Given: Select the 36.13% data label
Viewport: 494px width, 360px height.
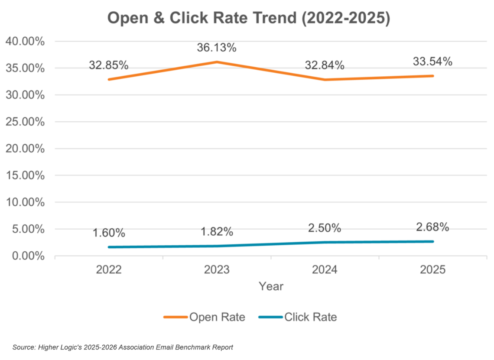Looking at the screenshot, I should (x=217, y=48).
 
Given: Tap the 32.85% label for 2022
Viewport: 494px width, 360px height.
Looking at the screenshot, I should (x=109, y=65).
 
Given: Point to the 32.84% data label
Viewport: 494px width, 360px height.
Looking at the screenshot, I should (x=325, y=65).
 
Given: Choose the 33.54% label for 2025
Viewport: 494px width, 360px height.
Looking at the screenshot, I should (x=432, y=62).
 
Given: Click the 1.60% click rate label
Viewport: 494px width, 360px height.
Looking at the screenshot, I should (x=109, y=233).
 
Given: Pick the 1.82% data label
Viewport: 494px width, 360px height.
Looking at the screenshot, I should (x=217, y=232).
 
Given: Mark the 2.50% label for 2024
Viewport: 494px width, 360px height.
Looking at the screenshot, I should (x=325, y=228).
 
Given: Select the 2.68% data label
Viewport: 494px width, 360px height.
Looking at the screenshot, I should (x=432, y=227).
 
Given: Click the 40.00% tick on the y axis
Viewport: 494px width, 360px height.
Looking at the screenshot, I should (x=25, y=42).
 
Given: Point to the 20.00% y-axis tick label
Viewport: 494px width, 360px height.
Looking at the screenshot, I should (x=25, y=149).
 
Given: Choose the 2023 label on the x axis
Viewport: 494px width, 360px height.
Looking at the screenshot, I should (x=217, y=270).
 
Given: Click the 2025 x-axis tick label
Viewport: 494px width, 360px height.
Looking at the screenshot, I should (x=432, y=270).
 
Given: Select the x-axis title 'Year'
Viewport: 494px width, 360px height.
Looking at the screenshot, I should (x=271, y=286).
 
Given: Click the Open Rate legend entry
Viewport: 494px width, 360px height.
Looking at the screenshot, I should (x=204, y=317).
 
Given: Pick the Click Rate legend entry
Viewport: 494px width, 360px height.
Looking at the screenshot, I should (x=298, y=317).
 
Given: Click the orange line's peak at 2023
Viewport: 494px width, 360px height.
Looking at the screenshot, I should (x=217, y=62).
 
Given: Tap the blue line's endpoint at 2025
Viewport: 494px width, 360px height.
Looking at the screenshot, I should (x=432, y=241).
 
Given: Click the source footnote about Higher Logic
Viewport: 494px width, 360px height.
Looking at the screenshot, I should (x=123, y=347).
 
